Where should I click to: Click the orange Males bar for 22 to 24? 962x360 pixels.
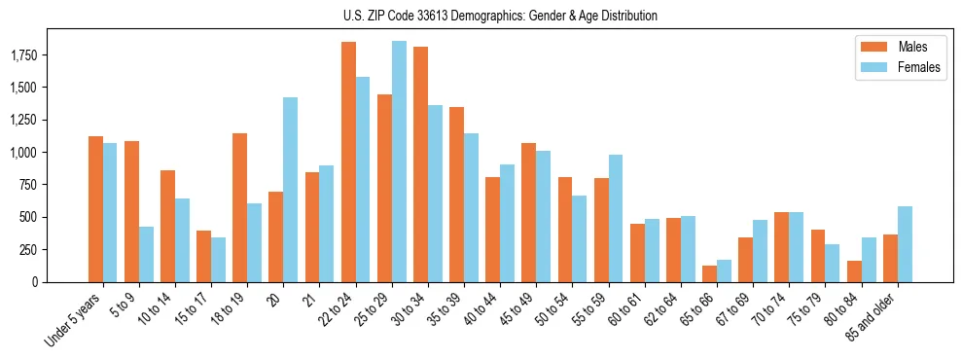coord(348,162)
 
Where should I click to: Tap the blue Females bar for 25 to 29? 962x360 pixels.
coord(399,162)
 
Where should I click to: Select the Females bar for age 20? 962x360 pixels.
coord(290,190)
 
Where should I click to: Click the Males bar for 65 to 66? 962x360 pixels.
coord(709,273)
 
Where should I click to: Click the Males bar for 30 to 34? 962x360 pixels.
coord(420,164)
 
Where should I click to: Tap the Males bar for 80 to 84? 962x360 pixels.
coord(854,271)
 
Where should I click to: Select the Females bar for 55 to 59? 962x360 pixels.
coord(616,218)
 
